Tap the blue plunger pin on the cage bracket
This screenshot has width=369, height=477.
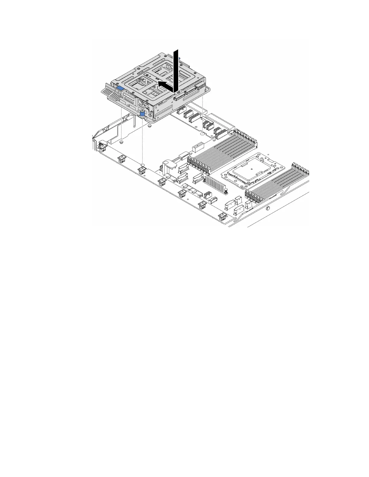pyautogui.click(x=142, y=114)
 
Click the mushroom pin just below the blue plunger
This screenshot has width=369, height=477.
pyautogui.click(x=150, y=126)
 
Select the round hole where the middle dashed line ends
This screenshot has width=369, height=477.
pyautogui.click(x=143, y=165)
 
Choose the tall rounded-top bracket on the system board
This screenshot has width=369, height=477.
pyautogui.click(x=167, y=167)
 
